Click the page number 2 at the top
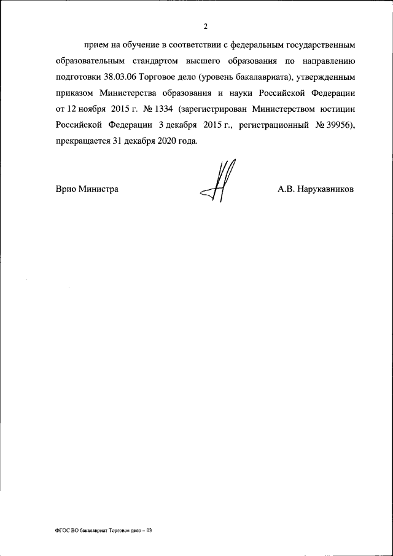pos(206,25)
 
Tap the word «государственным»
pos(323,45)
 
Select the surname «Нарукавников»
pos(325,189)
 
